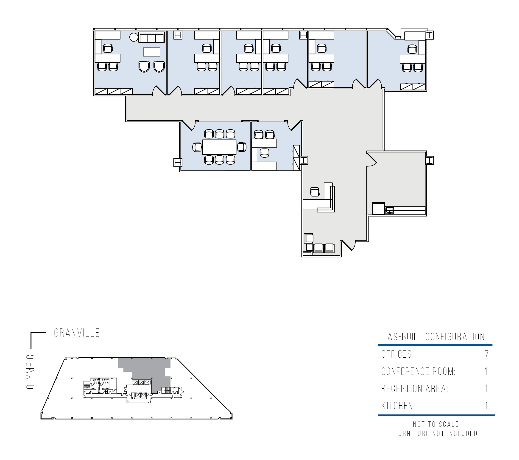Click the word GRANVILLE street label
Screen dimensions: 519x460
(x=77, y=333)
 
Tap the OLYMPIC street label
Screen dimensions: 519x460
(x=31, y=372)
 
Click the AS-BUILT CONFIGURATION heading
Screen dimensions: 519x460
(x=436, y=337)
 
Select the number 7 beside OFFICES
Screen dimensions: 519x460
(x=486, y=354)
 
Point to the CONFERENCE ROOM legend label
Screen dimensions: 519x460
(x=419, y=371)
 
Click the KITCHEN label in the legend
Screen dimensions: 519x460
(x=398, y=406)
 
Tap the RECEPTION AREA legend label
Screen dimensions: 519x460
(x=415, y=389)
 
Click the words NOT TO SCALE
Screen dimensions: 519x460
(x=436, y=424)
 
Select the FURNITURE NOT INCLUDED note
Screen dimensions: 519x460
(x=436, y=433)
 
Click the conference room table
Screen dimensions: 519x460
(x=219, y=147)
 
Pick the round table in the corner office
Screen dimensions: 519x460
(x=134, y=37)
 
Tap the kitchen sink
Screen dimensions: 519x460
(x=390, y=210)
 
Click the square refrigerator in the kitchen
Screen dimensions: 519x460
(x=378, y=208)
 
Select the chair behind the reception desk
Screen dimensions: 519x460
(x=315, y=192)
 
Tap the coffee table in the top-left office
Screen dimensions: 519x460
(x=152, y=52)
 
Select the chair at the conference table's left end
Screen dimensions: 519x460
(x=197, y=147)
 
